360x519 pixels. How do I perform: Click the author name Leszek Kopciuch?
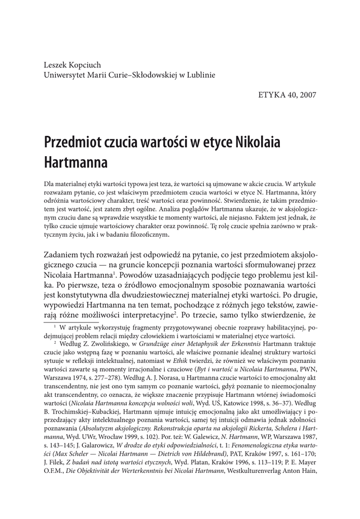tap(74, 65)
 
